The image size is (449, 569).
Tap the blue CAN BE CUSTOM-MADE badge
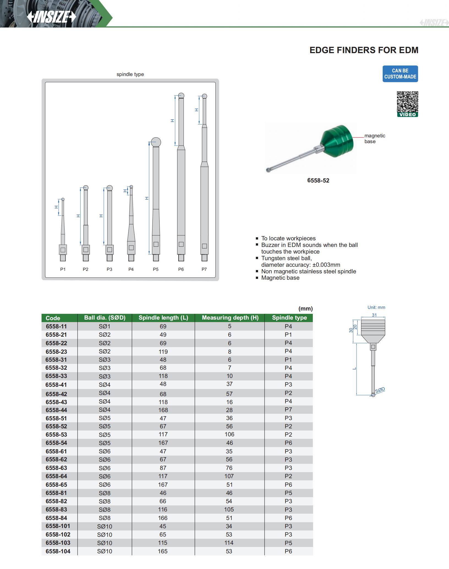(x=400, y=74)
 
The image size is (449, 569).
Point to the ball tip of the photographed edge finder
(x=268, y=170)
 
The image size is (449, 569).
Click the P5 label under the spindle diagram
(x=156, y=269)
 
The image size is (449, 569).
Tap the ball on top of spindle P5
(x=156, y=142)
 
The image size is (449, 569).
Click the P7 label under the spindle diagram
(x=204, y=269)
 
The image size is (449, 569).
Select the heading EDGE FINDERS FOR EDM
(x=364, y=50)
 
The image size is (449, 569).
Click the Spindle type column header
(x=289, y=318)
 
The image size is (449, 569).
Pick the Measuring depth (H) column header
(x=230, y=318)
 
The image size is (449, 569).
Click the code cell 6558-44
(x=56, y=410)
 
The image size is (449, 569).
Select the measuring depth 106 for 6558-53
(x=229, y=434)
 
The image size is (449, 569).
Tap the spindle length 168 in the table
(x=163, y=410)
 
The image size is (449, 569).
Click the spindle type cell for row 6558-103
(x=288, y=543)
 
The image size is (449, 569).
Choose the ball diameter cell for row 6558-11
(x=105, y=326)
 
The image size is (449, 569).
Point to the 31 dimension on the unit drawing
(x=374, y=315)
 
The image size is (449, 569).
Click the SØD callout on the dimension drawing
(x=380, y=390)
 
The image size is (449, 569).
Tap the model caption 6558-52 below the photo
(x=318, y=181)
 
